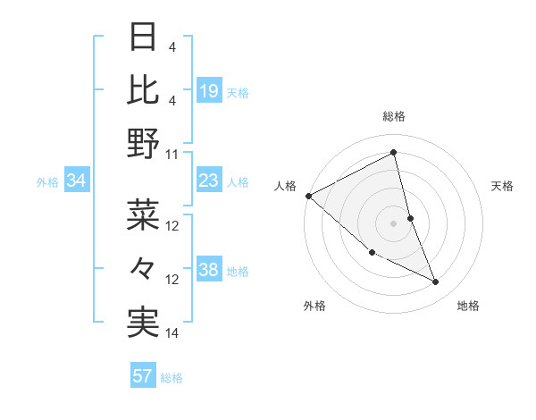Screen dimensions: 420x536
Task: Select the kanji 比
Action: [143, 89]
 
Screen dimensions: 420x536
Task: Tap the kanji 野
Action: [143, 144]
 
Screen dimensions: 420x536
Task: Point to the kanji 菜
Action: [143, 214]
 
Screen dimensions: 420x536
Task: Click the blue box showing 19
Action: [209, 90]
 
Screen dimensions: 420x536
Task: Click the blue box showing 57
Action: [143, 376]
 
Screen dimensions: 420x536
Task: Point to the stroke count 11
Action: [172, 155]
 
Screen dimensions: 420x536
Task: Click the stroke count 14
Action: [172, 333]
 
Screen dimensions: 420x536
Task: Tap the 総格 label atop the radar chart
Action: [393, 116]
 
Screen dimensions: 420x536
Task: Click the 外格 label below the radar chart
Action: [314, 306]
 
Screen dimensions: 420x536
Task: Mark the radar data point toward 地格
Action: [436, 282]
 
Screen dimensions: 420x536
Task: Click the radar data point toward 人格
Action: [308, 196]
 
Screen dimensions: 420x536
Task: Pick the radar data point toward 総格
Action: [393, 153]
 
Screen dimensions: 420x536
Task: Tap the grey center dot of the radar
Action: [393, 223]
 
